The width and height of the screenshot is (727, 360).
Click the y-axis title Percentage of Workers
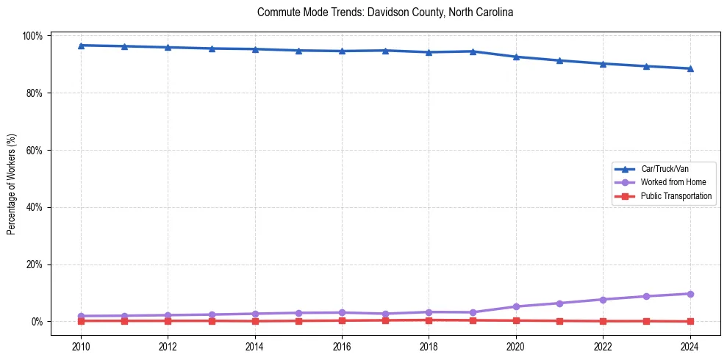click(x=11, y=179)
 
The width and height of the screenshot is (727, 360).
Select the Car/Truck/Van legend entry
click(x=665, y=168)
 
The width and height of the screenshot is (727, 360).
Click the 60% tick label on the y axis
click(x=35, y=150)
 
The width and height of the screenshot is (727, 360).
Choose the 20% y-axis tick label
click(x=35, y=264)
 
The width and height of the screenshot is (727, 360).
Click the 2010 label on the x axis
click(x=81, y=347)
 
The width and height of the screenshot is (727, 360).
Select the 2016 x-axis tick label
click(x=342, y=347)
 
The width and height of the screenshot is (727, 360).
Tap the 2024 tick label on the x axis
click(x=690, y=347)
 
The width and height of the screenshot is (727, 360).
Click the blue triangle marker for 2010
click(x=81, y=46)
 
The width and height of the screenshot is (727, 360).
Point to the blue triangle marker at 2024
click(x=690, y=68)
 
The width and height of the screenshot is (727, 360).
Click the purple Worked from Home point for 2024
click(x=690, y=294)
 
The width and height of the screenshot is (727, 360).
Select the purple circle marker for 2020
click(x=516, y=306)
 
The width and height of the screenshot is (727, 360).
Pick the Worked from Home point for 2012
click(x=168, y=315)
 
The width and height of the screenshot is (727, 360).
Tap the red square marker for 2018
click(x=429, y=320)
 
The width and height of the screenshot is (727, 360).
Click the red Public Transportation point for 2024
click(x=690, y=321)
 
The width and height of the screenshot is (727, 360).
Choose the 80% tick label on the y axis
click(x=35, y=93)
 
